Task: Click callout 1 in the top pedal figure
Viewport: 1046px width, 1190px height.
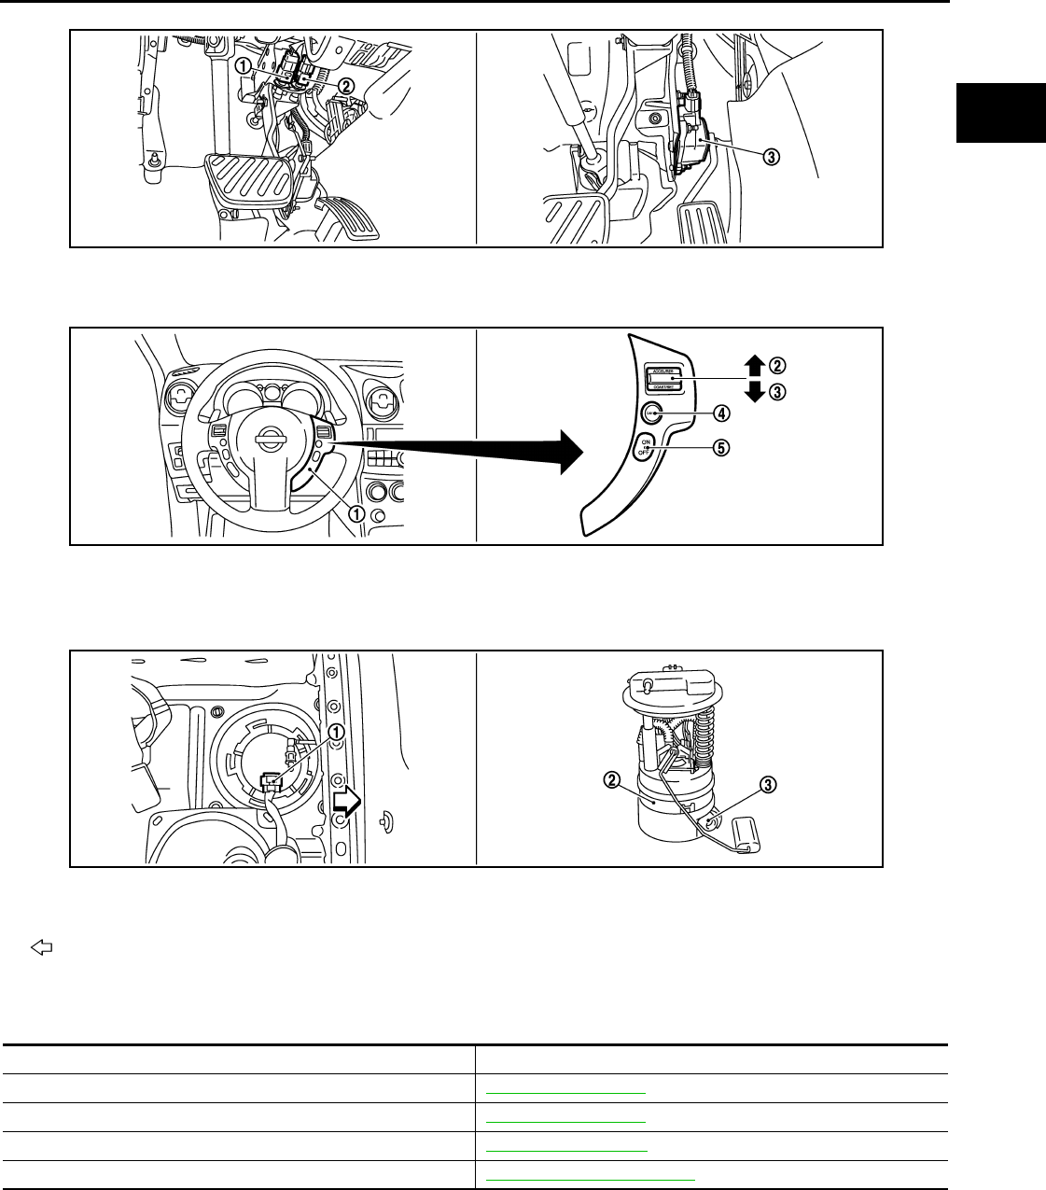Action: point(243,66)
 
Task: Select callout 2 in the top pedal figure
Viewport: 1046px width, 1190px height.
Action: point(346,85)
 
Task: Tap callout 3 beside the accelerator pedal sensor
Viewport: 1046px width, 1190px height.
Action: point(772,157)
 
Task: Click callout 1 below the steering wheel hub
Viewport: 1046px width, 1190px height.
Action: point(356,511)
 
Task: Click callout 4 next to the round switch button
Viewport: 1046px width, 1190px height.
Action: point(721,413)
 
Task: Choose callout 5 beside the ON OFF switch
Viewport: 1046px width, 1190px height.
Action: point(720,446)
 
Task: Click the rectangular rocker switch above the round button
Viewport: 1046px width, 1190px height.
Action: point(662,378)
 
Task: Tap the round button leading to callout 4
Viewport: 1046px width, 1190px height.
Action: point(651,412)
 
